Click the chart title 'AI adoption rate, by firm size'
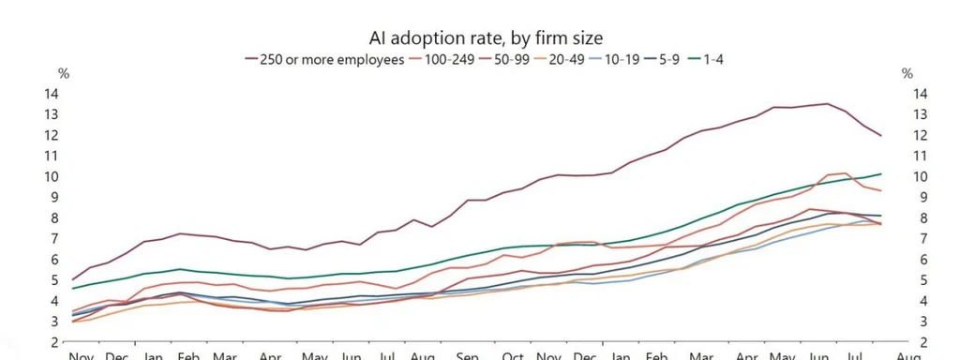pos(486,37)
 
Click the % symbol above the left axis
pos(64,73)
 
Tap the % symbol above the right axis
pos(907,73)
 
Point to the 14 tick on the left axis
pos(52,94)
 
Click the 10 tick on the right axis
pos(919,176)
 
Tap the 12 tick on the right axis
pos(919,135)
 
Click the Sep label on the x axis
pos(467,356)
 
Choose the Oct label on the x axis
pos(513,356)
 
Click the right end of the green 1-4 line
pos(881,174)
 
